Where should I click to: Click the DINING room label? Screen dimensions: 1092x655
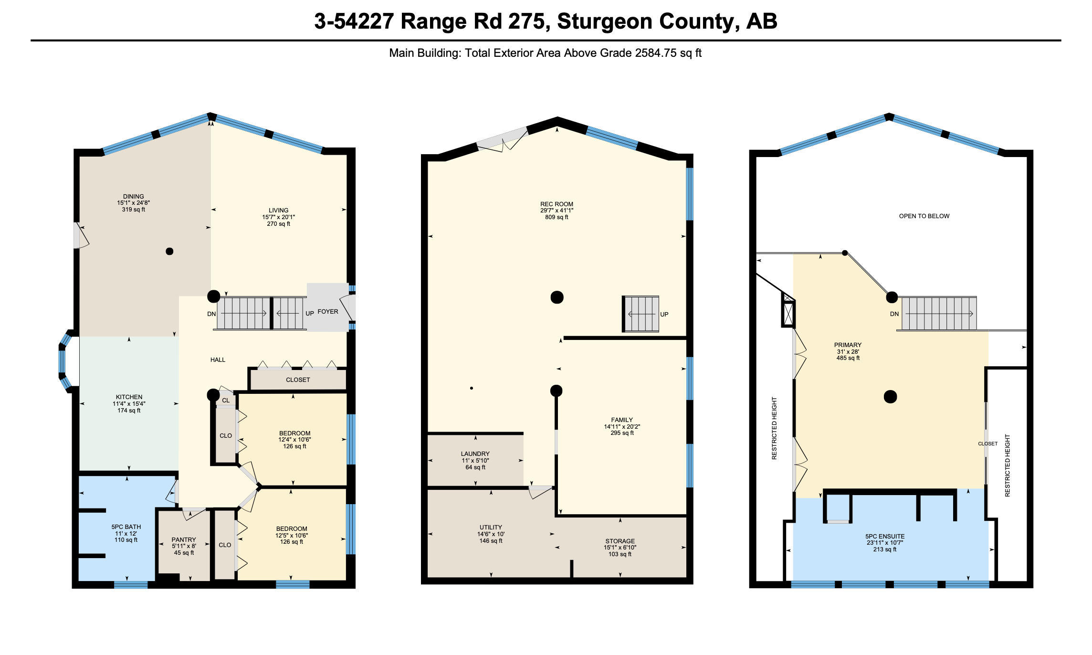click(133, 196)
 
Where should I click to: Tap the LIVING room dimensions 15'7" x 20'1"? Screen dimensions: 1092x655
click(278, 217)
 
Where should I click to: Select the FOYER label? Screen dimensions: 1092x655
click(328, 312)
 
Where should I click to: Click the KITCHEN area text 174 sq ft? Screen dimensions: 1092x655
click(129, 411)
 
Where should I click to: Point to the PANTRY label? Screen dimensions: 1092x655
click(184, 539)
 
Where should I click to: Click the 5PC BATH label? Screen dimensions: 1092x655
click(126, 527)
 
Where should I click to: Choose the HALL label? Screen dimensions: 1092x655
click(218, 360)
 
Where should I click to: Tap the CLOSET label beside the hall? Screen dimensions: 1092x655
click(298, 380)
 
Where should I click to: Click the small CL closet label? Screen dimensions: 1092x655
click(226, 401)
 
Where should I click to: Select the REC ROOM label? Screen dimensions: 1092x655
click(556, 204)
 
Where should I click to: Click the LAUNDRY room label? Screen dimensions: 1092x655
click(475, 454)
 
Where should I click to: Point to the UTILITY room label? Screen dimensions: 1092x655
click(491, 528)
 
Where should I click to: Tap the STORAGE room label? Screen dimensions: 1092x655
click(620, 541)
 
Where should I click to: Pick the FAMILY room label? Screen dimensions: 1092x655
click(622, 420)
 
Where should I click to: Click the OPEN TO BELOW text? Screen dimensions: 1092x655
click(924, 216)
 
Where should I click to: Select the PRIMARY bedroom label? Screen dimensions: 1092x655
click(848, 345)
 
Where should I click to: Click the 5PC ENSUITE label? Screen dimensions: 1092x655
click(885, 537)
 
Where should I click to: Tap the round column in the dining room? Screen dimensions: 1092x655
click(169, 252)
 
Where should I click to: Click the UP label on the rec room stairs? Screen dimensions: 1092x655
click(664, 315)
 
